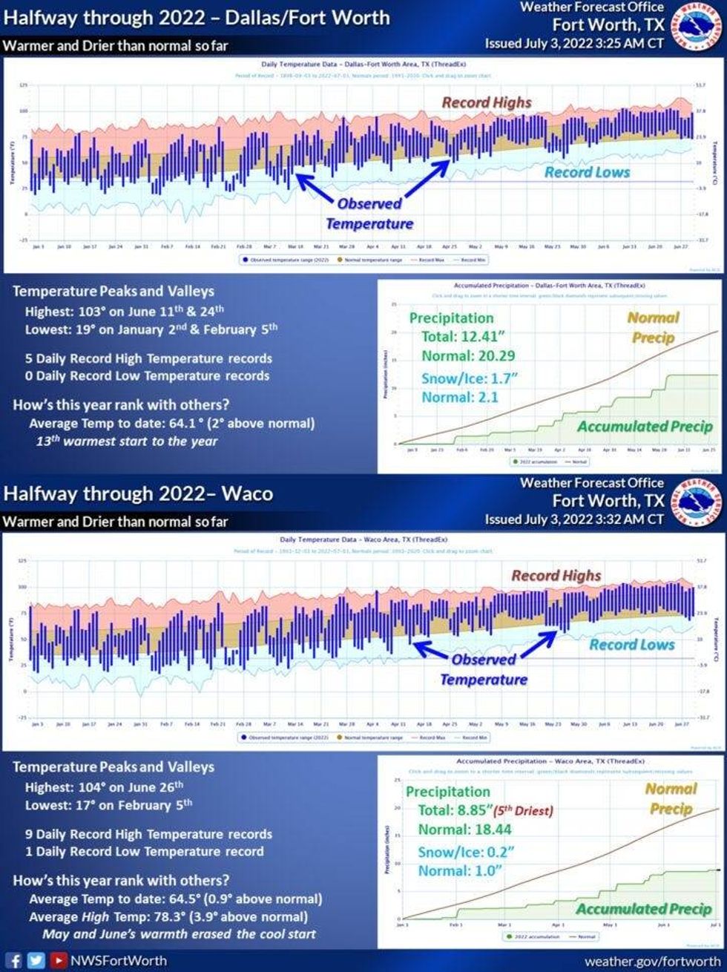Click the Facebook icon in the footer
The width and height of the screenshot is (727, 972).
coord(15,960)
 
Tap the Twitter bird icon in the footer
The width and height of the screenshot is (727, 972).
coord(36,960)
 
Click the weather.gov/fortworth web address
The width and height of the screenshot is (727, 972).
coord(652,961)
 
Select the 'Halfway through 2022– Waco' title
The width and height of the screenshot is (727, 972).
coord(138,493)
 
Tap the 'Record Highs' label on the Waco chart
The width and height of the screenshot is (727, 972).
coord(556,575)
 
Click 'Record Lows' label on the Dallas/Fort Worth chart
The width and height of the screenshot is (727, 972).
coord(587,172)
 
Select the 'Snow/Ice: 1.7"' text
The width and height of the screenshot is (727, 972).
coord(469,378)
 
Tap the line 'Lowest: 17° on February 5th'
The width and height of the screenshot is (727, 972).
coord(108,804)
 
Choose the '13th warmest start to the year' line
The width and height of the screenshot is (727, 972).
coord(127,441)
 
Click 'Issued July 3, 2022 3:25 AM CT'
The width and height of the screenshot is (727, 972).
coord(574,43)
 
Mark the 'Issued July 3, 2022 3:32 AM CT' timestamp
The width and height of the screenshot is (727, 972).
coord(574,519)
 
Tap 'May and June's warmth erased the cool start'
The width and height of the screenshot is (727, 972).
coord(179,933)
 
